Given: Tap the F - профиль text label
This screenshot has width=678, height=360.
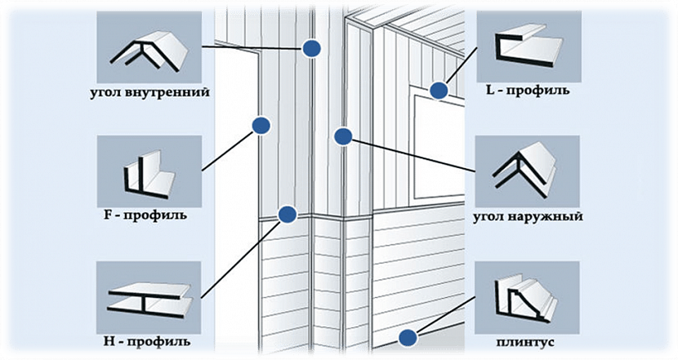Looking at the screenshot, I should [148, 216].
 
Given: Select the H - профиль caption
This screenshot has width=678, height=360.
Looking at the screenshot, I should [148, 339].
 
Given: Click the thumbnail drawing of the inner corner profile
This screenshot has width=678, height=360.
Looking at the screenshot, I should [148, 49].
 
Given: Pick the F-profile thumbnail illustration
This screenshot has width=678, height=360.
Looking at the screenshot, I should [148, 172].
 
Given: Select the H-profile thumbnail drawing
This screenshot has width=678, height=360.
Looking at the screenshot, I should [148, 296].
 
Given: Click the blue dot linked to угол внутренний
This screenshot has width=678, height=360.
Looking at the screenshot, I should [310, 48].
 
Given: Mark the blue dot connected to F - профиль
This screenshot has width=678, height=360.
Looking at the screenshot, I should [261, 125].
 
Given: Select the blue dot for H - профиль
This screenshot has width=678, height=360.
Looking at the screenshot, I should [286, 215].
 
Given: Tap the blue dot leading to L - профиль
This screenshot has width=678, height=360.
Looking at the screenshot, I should [439, 90].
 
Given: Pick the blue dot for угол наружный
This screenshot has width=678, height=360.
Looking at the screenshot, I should [344, 136].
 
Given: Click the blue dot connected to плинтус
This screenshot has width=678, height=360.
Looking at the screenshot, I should [406, 336].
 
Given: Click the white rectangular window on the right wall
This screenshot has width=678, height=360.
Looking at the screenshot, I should [436, 147].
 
